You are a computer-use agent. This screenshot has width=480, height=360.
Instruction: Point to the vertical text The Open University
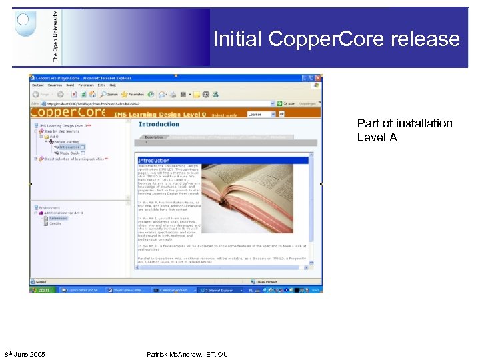click(55, 37)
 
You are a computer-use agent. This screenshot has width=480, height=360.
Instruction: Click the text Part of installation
click(404, 123)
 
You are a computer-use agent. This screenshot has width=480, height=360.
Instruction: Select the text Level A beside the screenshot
click(377, 137)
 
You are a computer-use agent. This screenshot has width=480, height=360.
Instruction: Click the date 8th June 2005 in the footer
click(25, 354)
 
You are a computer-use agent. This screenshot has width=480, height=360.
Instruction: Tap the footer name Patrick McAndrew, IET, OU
click(187, 354)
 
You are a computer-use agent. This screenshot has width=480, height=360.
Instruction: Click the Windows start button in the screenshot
click(41, 290)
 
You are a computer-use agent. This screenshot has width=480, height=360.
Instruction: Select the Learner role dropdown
click(261, 114)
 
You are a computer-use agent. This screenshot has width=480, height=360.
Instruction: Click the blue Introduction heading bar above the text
click(223, 160)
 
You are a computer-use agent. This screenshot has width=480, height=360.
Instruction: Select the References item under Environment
click(58, 218)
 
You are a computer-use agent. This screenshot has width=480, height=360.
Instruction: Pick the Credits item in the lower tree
click(55, 223)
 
